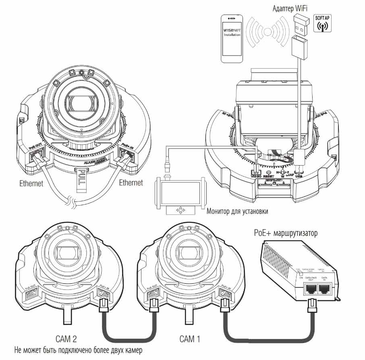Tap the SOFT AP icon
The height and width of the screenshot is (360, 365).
click(321, 23)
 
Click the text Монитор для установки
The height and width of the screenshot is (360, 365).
click(236, 211)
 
